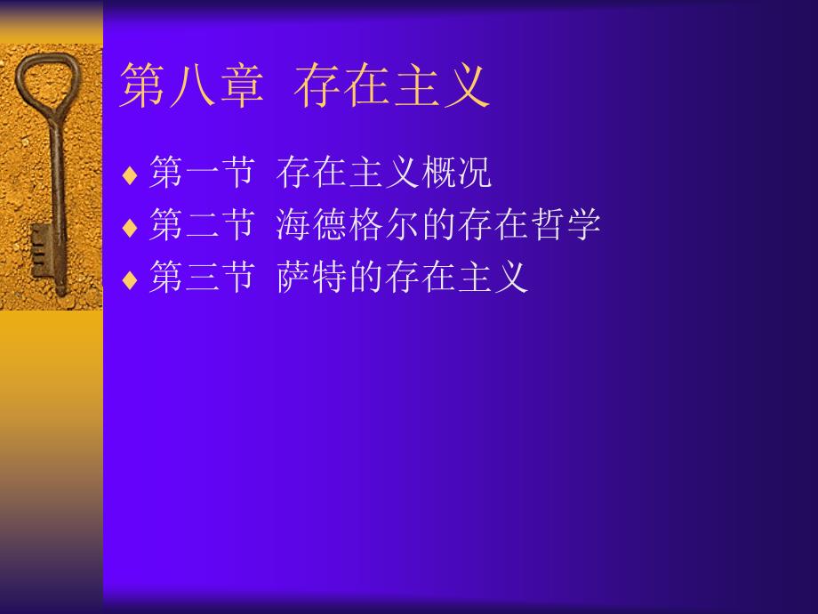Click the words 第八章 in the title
tap(192, 85)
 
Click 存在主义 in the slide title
tap(392, 85)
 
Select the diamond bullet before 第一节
tap(130, 175)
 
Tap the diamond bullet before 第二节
tap(130, 228)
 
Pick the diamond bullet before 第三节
tap(130, 279)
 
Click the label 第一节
tap(203, 172)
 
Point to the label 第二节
tap(203, 224)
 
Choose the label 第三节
tap(203, 276)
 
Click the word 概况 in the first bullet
tap(456, 172)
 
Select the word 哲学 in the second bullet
tap(565, 224)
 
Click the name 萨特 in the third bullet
tap(312, 276)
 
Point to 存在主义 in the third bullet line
tap(457, 276)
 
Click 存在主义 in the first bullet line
tap(349, 172)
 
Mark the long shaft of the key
tap(57, 204)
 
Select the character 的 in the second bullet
tap(439, 224)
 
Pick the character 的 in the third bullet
tap(366, 276)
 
